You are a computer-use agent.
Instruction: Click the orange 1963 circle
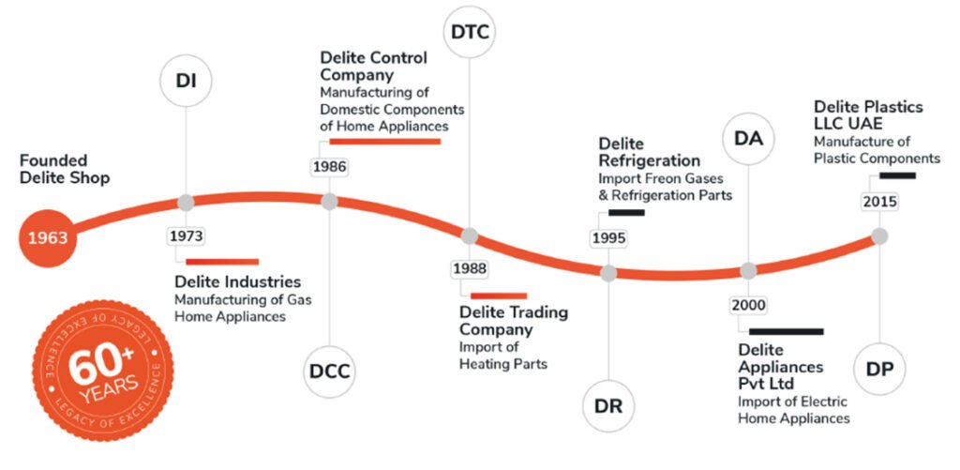(47, 237)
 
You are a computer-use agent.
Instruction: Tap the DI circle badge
(185, 80)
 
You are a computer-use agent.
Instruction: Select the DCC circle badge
(329, 371)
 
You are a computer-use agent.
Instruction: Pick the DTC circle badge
(469, 33)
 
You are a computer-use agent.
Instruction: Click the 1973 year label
(186, 235)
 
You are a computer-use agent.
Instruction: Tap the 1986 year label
(329, 167)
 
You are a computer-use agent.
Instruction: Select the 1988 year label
(469, 269)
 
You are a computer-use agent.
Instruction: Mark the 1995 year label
(608, 238)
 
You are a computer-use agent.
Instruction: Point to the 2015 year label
(879, 202)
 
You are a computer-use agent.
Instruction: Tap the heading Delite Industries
(238, 281)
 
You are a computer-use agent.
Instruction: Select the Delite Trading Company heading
(513, 321)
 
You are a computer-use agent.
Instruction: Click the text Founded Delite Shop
(65, 169)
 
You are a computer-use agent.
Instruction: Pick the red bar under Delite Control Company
(384, 142)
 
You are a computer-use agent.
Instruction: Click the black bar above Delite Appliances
(786, 331)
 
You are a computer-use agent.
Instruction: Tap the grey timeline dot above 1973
(186, 202)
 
